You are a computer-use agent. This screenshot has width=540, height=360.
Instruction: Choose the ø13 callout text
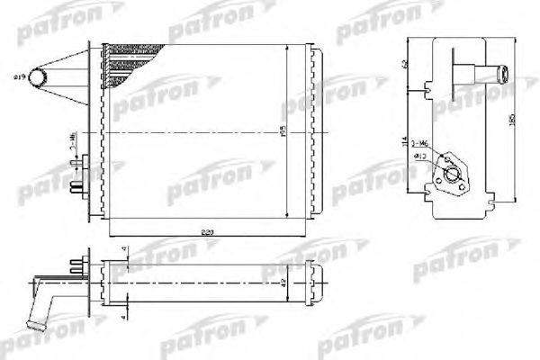pos(420,157)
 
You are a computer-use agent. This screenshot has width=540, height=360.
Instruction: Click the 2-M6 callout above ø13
pos(418,144)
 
